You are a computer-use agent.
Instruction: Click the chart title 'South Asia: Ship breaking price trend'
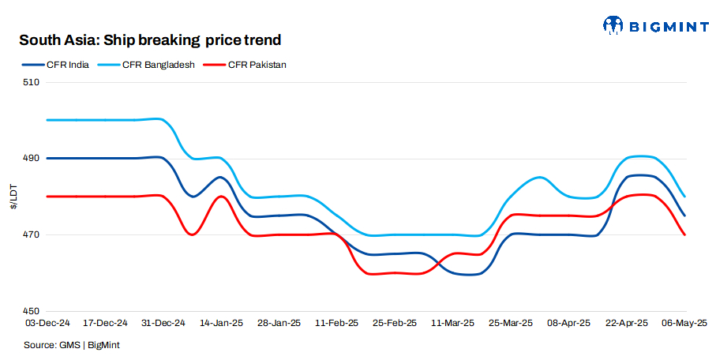[150, 39]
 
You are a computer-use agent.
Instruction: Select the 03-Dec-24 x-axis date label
[47, 323]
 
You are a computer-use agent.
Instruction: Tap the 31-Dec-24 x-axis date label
[163, 323]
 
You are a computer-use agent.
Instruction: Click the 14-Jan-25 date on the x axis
[221, 323]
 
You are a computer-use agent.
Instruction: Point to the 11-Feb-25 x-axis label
[337, 323]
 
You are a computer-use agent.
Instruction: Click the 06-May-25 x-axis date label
[684, 323]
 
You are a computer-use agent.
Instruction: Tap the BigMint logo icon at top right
[614, 26]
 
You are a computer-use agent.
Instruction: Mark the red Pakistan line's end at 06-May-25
[684, 234]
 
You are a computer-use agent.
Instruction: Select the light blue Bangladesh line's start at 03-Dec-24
[48, 120]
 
